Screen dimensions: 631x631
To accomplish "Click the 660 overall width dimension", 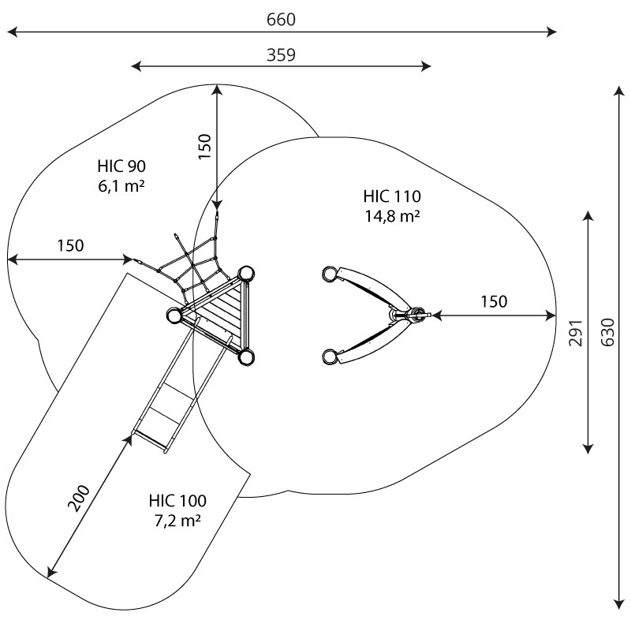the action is [281, 19].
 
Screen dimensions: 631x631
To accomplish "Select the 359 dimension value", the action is [281, 54].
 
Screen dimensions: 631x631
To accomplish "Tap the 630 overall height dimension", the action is [607, 332].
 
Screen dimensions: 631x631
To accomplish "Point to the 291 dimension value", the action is [576, 333].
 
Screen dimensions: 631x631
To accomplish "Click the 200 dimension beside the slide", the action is [79, 498].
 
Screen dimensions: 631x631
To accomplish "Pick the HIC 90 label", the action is [121, 166].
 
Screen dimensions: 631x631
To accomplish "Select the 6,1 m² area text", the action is [121, 186].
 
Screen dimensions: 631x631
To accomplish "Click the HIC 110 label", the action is [392, 196].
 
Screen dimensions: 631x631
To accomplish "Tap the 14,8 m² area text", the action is [392, 216].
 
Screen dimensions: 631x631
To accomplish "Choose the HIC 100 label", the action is [177, 501].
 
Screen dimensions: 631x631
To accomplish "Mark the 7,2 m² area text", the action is [177, 521].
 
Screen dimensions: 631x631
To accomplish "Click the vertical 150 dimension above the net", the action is [205, 147].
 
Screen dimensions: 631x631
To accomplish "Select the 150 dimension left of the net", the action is [70, 245].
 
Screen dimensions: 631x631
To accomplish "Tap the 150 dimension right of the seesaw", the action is [494, 301].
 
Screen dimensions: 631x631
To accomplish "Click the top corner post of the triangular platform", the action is [245, 274].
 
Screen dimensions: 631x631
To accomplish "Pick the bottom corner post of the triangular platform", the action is [245, 357].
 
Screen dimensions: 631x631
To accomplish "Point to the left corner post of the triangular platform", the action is [174, 315].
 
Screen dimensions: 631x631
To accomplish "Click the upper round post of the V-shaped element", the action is [330, 274].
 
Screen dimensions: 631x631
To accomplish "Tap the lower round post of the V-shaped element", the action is [330, 357].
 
